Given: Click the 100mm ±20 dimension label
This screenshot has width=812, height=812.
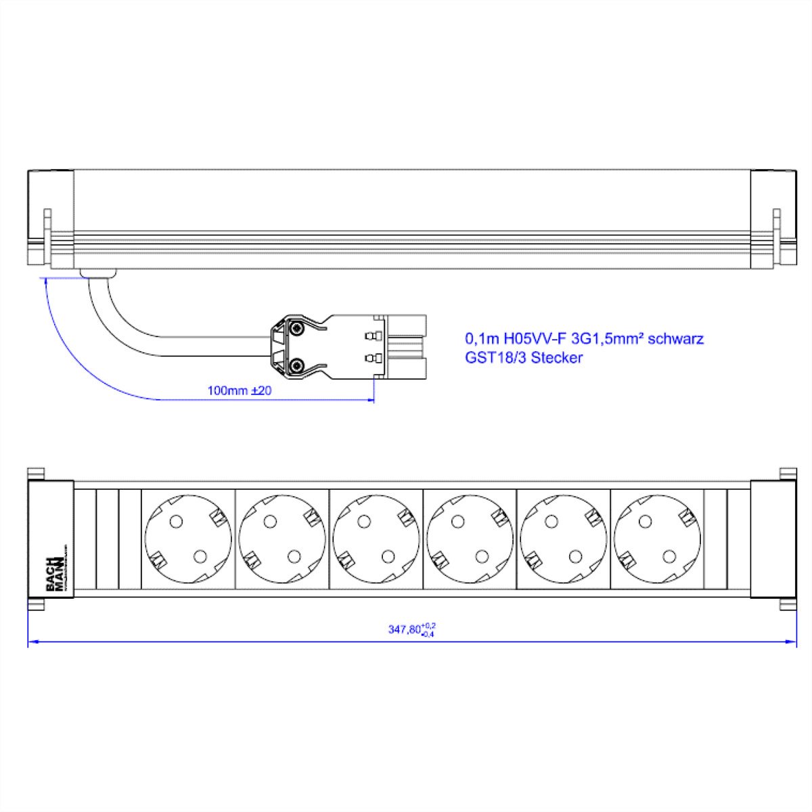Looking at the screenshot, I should [240, 390].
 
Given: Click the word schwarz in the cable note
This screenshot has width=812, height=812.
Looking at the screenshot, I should [675, 338].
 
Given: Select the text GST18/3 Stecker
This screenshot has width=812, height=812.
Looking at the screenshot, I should [523, 358].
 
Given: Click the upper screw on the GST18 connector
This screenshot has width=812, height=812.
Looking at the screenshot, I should [297, 328].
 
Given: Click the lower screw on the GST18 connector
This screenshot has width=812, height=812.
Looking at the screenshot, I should [297, 366].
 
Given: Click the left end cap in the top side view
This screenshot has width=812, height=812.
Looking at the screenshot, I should [49, 220].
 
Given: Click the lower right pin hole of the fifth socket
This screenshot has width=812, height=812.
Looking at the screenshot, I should [576, 556].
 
